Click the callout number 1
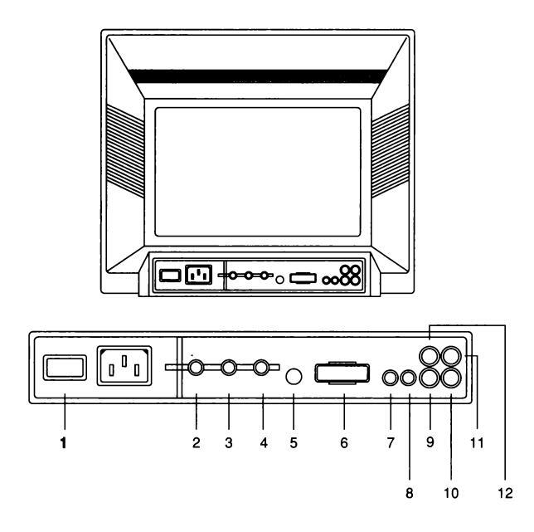(64, 444)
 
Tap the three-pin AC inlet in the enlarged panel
(126, 366)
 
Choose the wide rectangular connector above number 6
(342, 374)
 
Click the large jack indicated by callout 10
(451, 378)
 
